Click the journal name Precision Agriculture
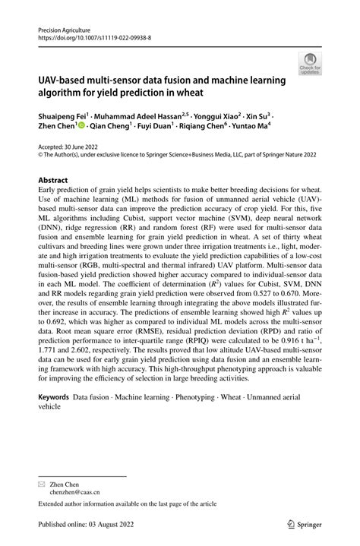[63, 27]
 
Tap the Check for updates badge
[309, 63]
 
